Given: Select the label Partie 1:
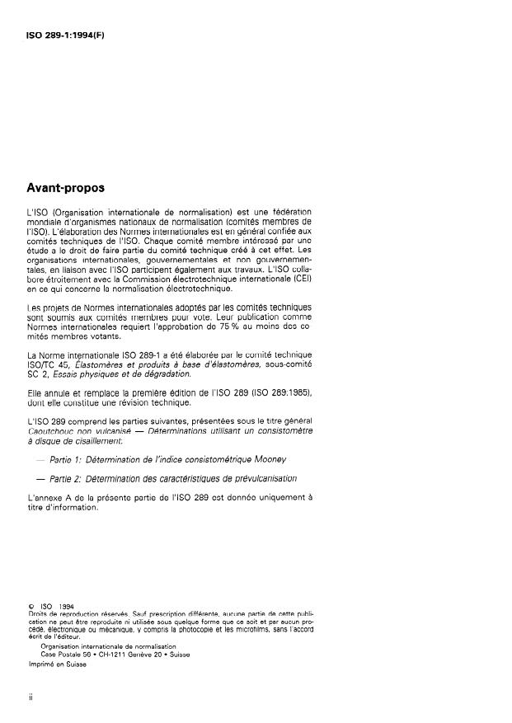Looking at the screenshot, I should point(66,458).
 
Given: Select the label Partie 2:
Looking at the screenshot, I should point(66,479).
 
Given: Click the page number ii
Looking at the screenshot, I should point(31,697).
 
